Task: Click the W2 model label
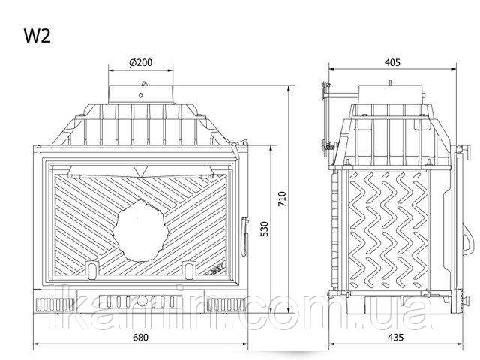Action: (37, 36)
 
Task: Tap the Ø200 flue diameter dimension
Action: (140, 62)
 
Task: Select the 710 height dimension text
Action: (282, 199)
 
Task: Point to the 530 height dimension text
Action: (265, 229)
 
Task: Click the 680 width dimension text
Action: (140, 337)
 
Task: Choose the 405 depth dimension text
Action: (392, 62)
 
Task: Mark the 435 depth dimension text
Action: (395, 337)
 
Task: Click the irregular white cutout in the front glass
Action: (141, 230)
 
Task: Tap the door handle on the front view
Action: (244, 237)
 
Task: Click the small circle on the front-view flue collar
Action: (140, 95)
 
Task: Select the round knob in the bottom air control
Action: (142, 301)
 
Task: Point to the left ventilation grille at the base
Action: (55, 305)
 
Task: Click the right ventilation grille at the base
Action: (226, 305)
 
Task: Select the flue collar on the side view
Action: (391, 94)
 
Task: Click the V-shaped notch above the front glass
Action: (140, 170)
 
